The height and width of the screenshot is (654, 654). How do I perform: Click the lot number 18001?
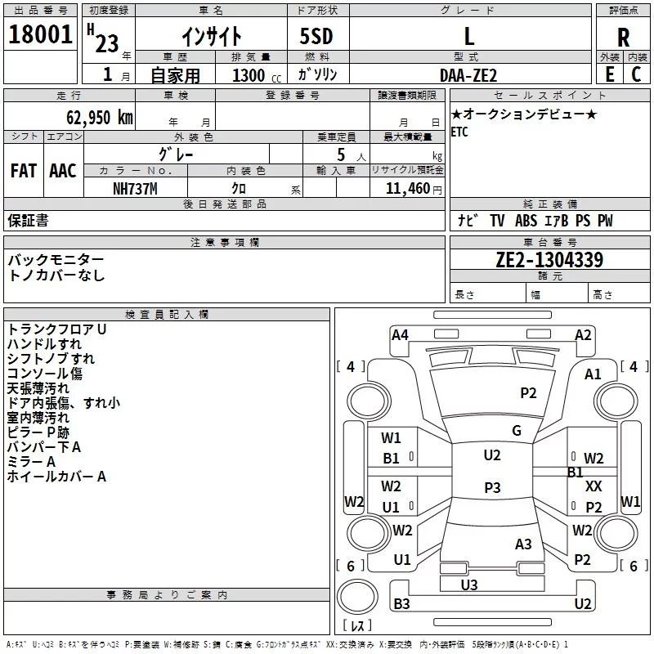click(40, 35)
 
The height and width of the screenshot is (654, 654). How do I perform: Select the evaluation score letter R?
click(623, 38)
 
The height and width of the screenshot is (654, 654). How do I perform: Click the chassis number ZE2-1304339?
click(549, 261)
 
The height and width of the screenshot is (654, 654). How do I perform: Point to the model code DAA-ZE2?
click(468, 74)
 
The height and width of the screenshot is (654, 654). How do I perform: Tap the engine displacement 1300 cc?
click(251, 75)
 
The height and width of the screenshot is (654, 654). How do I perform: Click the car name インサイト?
click(211, 37)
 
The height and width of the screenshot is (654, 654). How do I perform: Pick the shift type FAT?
click(24, 171)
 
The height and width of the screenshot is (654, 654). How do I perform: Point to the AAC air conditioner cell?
click(63, 171)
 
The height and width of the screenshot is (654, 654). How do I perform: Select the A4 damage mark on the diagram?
click(400, 335)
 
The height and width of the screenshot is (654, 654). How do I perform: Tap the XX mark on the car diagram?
click(594, 486)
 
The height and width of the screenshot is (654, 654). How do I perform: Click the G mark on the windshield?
click(517, 431)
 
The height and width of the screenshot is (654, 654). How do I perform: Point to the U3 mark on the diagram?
click(468, 585)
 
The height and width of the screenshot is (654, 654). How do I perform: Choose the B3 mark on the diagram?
click(401, 604)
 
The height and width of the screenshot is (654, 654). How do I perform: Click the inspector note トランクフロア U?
click(57, 329)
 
